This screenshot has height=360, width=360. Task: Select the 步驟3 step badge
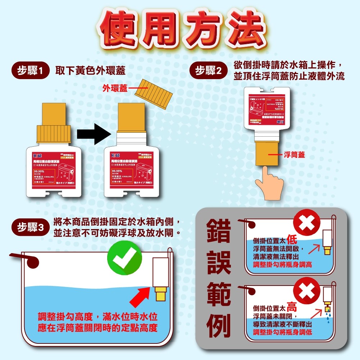30,227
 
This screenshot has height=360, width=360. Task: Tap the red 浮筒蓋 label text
294,155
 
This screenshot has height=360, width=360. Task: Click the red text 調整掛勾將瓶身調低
283,333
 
